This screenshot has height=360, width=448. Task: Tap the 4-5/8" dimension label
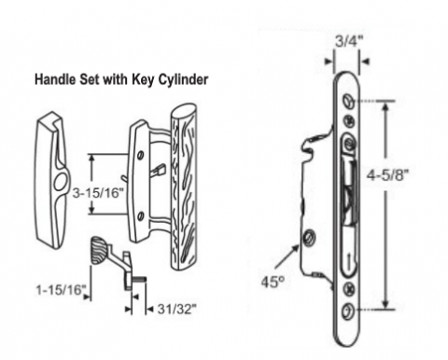click(386, 175)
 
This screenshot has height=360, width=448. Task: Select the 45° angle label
click(273, 282)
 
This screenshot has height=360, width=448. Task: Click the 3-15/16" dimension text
click(96, 193)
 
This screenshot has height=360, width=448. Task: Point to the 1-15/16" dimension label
click(61, 290)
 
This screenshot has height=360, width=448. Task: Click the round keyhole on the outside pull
click(60, 182)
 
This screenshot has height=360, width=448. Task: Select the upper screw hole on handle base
click(141, 155)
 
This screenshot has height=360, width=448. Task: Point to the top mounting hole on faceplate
click(348, 101)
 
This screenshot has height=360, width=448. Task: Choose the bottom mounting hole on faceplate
click(348, 310)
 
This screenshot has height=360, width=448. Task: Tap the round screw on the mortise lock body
click(310, 237)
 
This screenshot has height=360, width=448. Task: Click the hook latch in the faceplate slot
click(349, 193)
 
